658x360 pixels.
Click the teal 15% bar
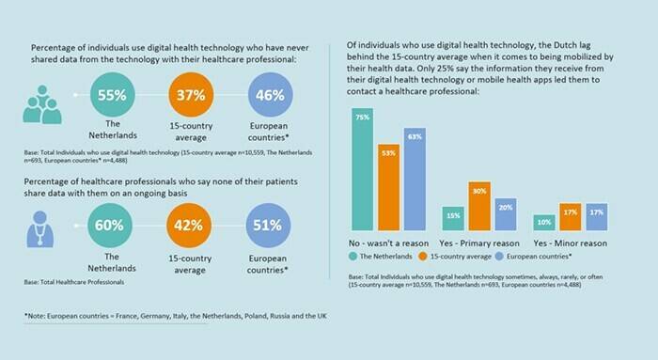453,218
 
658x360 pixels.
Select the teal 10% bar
544,222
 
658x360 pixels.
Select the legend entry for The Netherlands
386,256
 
